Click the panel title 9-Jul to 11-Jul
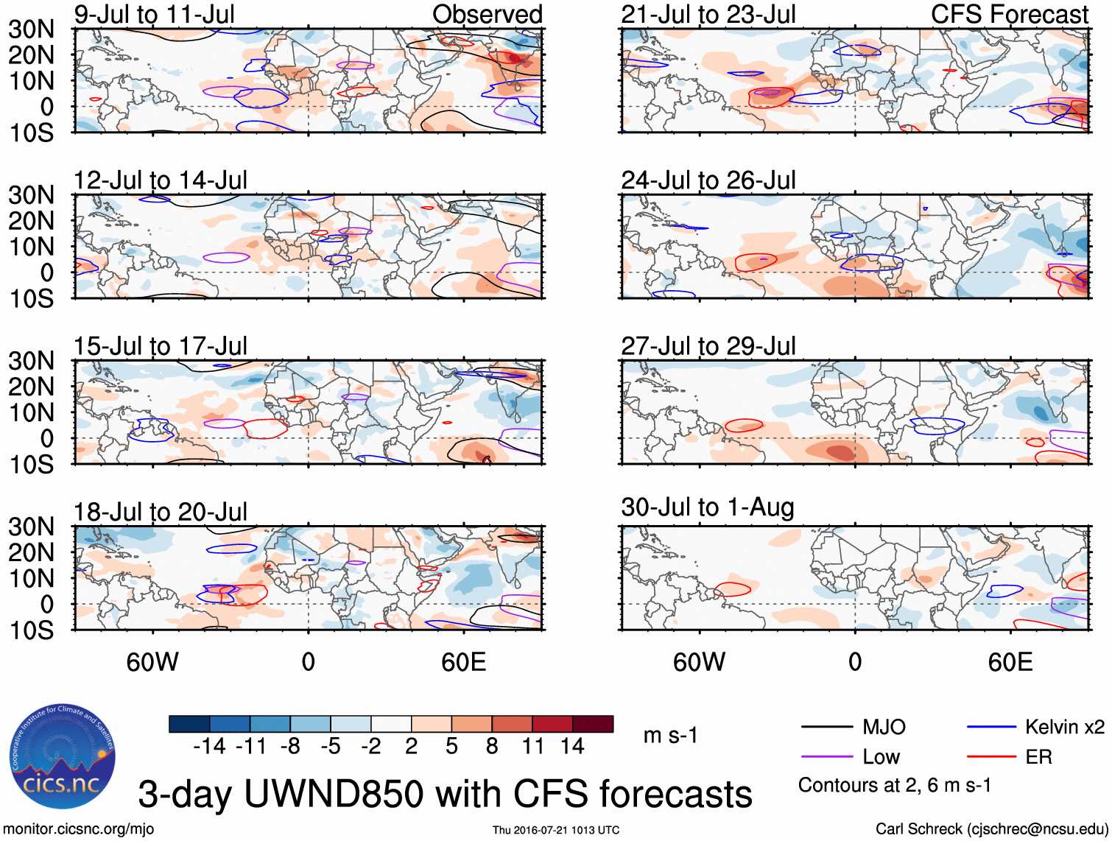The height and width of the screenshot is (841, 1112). pos(155,14)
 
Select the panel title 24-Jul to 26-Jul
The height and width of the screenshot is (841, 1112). pos(708,180)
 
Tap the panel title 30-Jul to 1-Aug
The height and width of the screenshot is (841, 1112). pos(707,507)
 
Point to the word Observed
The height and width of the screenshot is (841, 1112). pos(487,14)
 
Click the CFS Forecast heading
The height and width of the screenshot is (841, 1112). pos(1009,14)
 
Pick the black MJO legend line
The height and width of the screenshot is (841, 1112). pos(827,728)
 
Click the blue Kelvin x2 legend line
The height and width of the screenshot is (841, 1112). pos(991,728)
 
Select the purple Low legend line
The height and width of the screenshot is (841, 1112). pos(827,757)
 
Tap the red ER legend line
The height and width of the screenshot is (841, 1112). pos(991,757)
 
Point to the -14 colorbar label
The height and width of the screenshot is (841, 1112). pos(209,747)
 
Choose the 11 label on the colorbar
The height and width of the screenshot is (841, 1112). pos(532,747)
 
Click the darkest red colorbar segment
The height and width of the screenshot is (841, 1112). pos(593,724)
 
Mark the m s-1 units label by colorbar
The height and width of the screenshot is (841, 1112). pos(670,736)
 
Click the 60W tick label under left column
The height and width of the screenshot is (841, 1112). pos(152,662)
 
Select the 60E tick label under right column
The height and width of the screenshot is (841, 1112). pos(1010,662)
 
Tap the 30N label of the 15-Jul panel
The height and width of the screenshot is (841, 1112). pos(32,361)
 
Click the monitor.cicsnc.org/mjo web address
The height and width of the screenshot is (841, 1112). pos(79,829)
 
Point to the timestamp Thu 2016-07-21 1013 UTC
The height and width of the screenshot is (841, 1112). pos(556,830)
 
